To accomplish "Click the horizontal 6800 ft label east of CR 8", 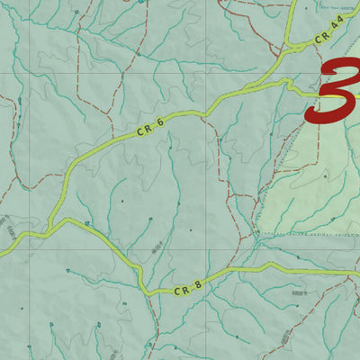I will [301, 293].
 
